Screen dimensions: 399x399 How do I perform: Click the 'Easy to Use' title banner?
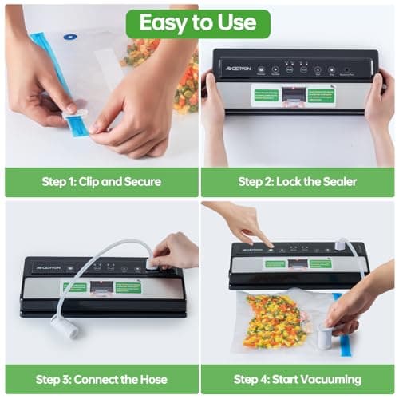coord(198,23)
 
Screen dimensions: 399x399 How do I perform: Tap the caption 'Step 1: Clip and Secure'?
coord(101,181)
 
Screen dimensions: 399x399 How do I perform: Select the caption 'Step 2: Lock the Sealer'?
coord(298,181)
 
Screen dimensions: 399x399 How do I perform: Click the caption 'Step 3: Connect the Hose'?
coord(101,379)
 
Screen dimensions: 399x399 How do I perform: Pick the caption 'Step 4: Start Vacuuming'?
coord(298,379)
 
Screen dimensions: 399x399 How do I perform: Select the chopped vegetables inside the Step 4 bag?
coord(275,319)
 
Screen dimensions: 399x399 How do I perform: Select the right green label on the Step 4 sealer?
coord(320,263)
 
